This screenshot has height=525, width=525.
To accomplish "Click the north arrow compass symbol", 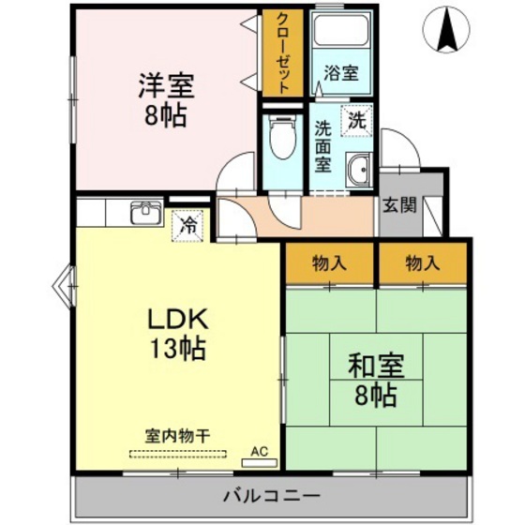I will (x=446, y=31).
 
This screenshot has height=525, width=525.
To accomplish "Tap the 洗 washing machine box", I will (x=357, y=120).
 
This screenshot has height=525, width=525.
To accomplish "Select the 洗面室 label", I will (x=323, y=144).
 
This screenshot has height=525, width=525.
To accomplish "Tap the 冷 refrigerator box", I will (x=187, y=226).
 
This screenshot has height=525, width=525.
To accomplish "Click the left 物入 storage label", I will (x=328, y=265).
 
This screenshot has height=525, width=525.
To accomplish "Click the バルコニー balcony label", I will (x=272, y=495).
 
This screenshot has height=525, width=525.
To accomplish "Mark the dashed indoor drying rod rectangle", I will (x=178, y=453).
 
